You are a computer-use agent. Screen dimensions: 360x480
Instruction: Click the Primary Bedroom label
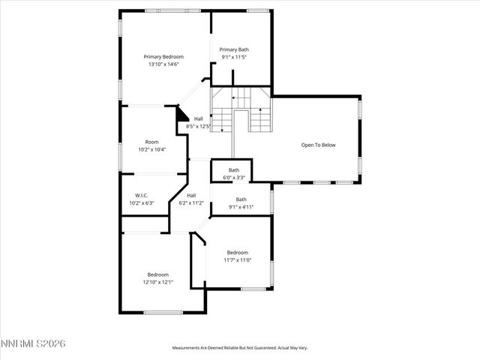pyautogui.click(x=163, y=56)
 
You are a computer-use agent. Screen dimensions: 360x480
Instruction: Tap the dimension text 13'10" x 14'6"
pyautogui.click(x=163, y=64)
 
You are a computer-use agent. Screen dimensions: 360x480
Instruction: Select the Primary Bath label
pyautogui.click(x=234, y=49)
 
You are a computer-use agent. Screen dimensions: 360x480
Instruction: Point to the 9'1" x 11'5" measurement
pyautogui.click(x=234, y=57)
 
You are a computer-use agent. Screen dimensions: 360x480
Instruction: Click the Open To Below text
pyautogui.click(x=319, y=145)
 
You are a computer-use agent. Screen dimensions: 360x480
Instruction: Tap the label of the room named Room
pyautogui.click(x=152, y=142)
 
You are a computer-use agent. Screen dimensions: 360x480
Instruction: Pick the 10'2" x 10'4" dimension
pyautogui.click(x=152, y=149)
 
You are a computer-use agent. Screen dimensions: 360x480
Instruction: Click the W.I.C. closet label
pyautogui.click(x=141, y=195)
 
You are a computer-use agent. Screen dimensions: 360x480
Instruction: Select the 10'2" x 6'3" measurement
pyautogui.click(x=141, y=202)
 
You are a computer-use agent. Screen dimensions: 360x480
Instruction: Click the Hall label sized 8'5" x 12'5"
pyautogui.click(x=199, y=118)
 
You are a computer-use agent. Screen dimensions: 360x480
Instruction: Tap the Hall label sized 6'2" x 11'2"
pyautogui.click(x=191, y=195)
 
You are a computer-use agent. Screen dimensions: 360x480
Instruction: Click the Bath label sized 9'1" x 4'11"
pyautogui.click(x=241, y=199)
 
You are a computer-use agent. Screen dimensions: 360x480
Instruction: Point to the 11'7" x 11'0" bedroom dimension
pyautogui.click(x=238, y=260)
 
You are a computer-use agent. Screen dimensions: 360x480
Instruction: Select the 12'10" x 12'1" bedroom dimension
pyautogui.click(x=158, y=282)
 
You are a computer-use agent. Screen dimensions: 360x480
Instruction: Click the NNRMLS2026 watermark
pyautogui.click(x=33, y=343)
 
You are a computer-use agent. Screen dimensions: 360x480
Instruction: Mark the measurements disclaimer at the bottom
pyautogui.click(x=240, y=348)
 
